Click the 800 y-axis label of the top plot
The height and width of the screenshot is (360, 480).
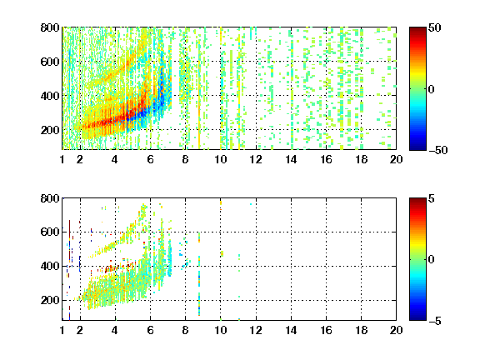click(x=50, y=27)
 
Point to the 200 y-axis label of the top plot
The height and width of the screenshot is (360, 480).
click(x=50, y=130)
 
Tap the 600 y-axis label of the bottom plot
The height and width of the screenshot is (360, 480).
click(x=50, y=232)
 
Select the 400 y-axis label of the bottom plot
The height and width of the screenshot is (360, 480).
click(x=50, y=266)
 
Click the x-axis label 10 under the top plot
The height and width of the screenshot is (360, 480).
click(x=220, y=159)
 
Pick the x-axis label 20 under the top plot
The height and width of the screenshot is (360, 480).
click(x=396, y=159)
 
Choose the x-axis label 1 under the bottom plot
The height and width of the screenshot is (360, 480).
click(x=62, y=330)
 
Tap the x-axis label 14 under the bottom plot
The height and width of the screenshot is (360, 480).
click(x=291, y=330)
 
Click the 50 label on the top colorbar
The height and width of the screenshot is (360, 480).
click(x=435, y=27)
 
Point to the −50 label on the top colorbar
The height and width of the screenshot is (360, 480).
click(x=438, y=150)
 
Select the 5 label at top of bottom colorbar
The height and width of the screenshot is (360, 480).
click(x=432, y=198)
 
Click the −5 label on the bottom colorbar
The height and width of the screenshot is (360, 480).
click(x=435, y=321)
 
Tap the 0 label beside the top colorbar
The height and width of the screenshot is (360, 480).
click(x=432, y=89)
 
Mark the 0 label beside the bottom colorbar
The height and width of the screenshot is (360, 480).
click(x=432, y=260)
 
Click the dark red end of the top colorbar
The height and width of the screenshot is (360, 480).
click(x=417, y=29)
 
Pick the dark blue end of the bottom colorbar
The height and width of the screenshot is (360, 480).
click(x=417, y=318)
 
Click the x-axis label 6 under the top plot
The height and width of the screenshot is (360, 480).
click(x=150, y=159)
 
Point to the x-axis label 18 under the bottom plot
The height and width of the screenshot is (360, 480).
click(x=361, y=330)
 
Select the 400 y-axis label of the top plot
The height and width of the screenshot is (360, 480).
click(x=50, y=96)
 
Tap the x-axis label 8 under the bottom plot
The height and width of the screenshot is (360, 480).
click(x=186, y=330)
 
